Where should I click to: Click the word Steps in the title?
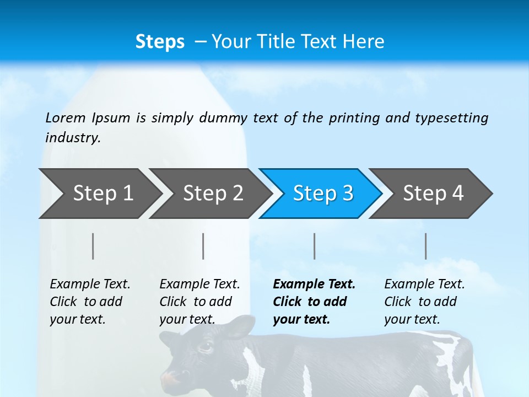[160, 42]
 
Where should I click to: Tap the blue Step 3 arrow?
[323, 194]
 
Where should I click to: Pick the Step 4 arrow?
[433, 194]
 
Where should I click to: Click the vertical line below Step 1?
[93, 246]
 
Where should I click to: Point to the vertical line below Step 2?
[203, 246]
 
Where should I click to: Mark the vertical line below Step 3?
[314, 246]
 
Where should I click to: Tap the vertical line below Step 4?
[425, 246]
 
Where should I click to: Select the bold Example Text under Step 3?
[314, 302]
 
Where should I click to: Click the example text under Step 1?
[90, 302]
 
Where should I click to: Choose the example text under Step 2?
[199, 302]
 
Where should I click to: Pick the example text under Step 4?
[424, 302]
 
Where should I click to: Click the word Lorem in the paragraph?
[66, 118]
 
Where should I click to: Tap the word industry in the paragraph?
[72, 138]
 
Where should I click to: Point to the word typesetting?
[451, 118]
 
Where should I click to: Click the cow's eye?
[205, 347]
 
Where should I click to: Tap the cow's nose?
[172, 379]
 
